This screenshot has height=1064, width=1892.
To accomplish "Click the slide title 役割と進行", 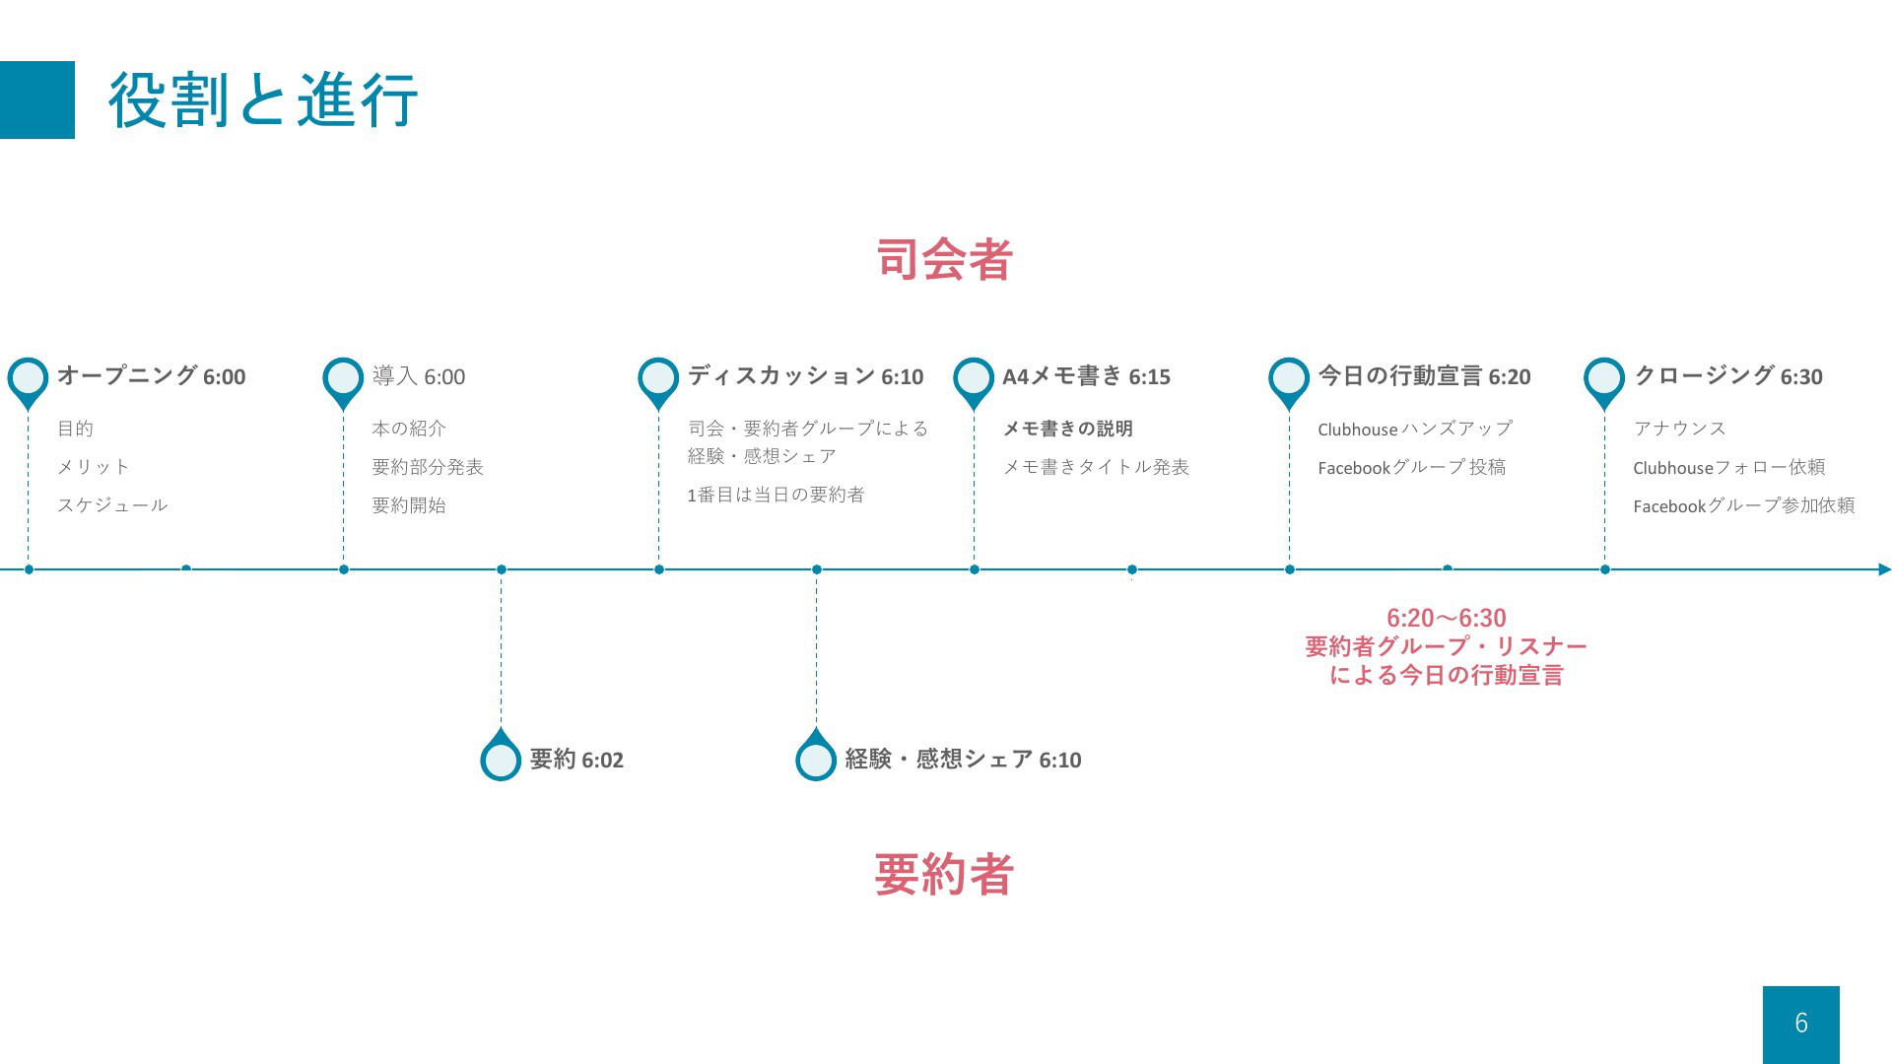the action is [x=263, y=100].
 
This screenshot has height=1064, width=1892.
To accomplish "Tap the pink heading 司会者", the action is [x=945, y=259].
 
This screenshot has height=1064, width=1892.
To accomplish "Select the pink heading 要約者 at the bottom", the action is [x=944, y=874].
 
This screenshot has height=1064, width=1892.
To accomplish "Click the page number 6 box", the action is [x=1801, y=1024].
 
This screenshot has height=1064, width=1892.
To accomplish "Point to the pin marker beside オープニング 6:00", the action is [x=28, y=381].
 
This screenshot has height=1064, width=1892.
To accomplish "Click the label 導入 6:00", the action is [x=419, y=376].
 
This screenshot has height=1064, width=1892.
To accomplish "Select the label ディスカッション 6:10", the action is [x=805, y=376].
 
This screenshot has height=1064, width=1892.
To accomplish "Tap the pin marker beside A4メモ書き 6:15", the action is [x=974, y=381].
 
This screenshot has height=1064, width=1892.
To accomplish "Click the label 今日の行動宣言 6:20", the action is [x=1424, y=376].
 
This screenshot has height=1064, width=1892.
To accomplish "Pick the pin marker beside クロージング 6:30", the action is [x=1604, y=381].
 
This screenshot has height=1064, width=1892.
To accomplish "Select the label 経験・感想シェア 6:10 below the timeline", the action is [x=963, y=760].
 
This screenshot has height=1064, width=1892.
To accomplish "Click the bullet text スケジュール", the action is [x=112, y=505].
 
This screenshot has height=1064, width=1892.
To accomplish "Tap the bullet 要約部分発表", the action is [x=428, y=467].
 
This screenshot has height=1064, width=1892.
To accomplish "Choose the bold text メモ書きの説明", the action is [x=1067, y=429].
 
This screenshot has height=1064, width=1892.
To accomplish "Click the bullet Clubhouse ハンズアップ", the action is [x=1415, y=429].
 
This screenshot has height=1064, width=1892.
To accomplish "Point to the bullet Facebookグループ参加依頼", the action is [x=1744, y=505].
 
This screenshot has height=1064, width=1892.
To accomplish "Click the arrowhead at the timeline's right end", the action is [x=1885, y=569].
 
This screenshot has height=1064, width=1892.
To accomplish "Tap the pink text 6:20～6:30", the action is [x=1446, y=618].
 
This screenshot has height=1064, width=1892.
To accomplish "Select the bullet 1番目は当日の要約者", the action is [x=776, y=495].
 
